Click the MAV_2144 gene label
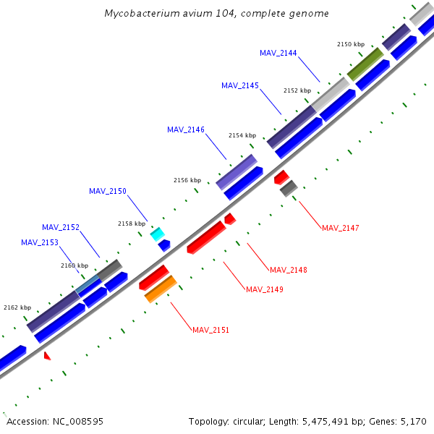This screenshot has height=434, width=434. [278, 53]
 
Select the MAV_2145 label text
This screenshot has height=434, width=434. [240, 85]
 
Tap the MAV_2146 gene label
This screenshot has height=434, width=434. [186, 129]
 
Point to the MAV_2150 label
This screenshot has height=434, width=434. [108, 191]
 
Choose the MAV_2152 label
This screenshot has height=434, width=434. [61, 227]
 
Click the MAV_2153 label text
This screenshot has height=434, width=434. [40, 242]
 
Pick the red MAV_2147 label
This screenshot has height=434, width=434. [341, 228]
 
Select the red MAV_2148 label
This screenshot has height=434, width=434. [289, 270]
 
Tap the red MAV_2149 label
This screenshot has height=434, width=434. [265, 289]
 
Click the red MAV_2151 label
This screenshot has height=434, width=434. [211, 330]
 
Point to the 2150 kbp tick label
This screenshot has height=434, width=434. [351, 44]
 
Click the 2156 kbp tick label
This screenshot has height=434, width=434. [187, 180]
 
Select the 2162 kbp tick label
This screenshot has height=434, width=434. [17, 307]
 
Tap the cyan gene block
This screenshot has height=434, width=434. [156, 234]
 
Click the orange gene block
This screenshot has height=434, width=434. [161, 289]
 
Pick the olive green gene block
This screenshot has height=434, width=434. [365, 64]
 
